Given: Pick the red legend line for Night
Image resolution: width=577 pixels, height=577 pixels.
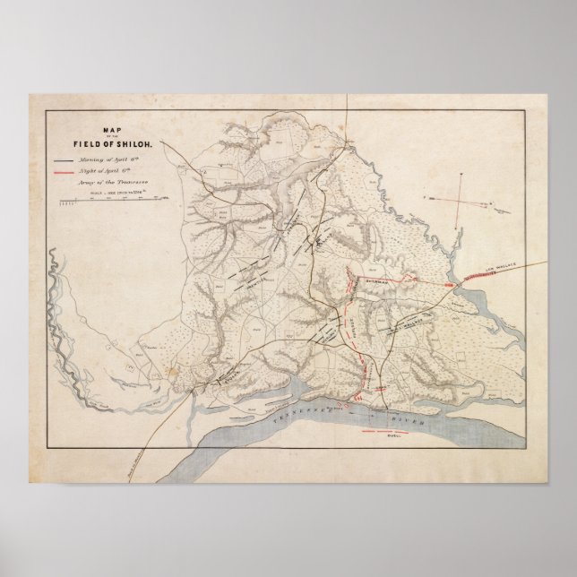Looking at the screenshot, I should (x=63, y=167).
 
